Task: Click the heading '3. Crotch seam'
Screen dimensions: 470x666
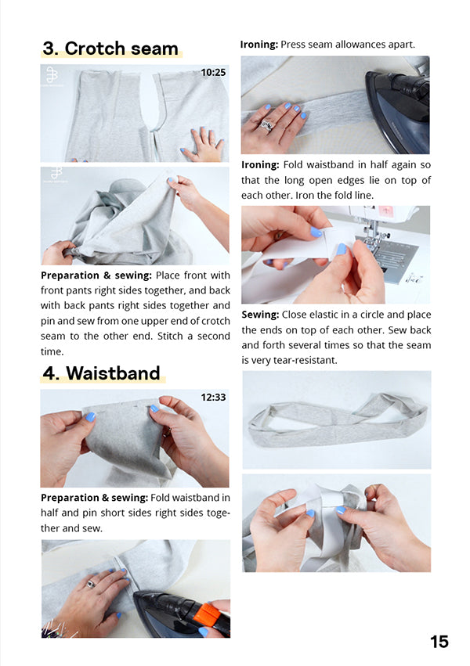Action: click(110, 49)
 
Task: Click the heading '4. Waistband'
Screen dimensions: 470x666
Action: click(102, 373)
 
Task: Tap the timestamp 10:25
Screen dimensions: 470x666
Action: click(213, 73)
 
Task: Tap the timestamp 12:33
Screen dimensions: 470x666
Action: click(213, 397)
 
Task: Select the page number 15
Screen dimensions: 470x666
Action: click(439, 642)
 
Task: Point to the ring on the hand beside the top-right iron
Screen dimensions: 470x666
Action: click(266, 125)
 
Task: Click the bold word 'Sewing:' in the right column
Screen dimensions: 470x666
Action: click(260, 315)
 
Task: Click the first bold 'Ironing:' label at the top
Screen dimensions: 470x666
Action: click(259, 45)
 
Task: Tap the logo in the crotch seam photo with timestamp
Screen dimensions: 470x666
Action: click(52, 75)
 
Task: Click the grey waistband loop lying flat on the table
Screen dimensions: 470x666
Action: click(338, 426)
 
